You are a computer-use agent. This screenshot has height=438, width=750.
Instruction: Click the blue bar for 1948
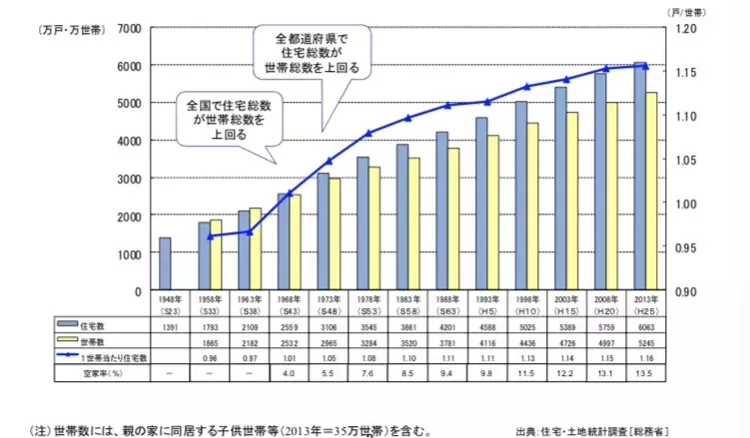pos(165,264)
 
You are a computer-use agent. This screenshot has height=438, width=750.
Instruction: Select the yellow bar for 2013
pos(651,192)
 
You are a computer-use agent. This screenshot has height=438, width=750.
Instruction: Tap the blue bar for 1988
pos(441,211)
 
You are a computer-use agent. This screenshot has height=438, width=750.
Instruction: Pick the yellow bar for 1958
pos(217,255)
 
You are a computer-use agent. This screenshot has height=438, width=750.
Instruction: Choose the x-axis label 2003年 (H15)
pos(566,304)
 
